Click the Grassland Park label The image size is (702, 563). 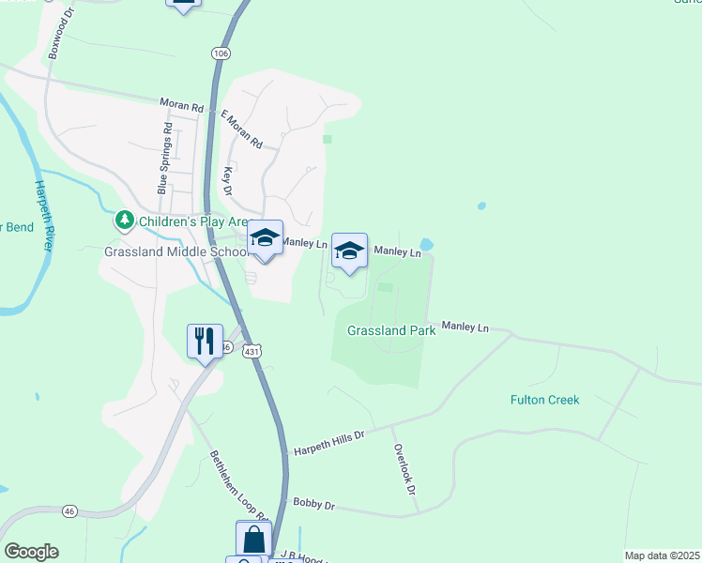[x=385, y=330]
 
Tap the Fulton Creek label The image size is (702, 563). [x=544, y=400]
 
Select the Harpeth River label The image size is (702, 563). [x=43, y=216]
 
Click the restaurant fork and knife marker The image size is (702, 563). [x=206, y=341]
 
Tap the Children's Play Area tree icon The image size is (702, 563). [x=124, y=221]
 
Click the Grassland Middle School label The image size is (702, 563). [x=175, y=251]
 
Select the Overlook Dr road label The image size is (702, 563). [x=404, y=469]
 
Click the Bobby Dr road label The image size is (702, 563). [x=314, y=504]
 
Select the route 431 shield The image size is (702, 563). [x=249, y=350]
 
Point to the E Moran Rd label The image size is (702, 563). [x=241, y=129]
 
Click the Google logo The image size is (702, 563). [x=31, y=552]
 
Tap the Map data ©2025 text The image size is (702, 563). [x=661, y=555]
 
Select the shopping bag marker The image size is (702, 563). [x=253, y=540]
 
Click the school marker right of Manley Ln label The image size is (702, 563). [x=349, y=251]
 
